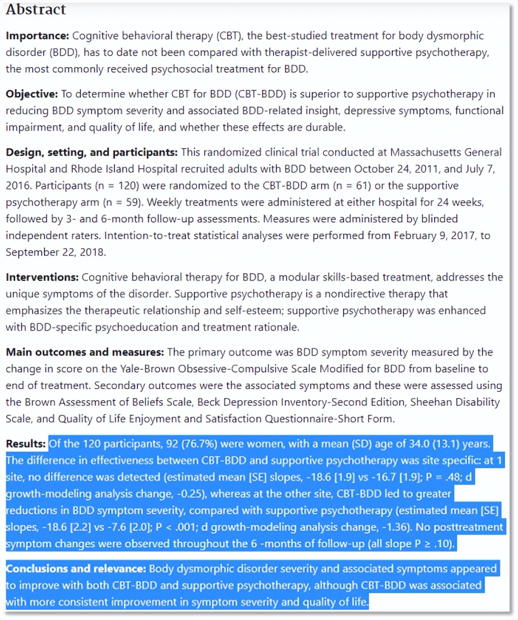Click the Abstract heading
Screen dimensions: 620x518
pos(36,9)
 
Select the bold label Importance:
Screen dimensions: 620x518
pos(37,36)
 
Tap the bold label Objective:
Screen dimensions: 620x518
pos(32,94)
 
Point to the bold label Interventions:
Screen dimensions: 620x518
pos(42,277)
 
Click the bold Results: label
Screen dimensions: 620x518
pos(26,444)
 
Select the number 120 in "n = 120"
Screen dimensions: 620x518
pos(128,186)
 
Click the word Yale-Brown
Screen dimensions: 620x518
pos(148,369)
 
